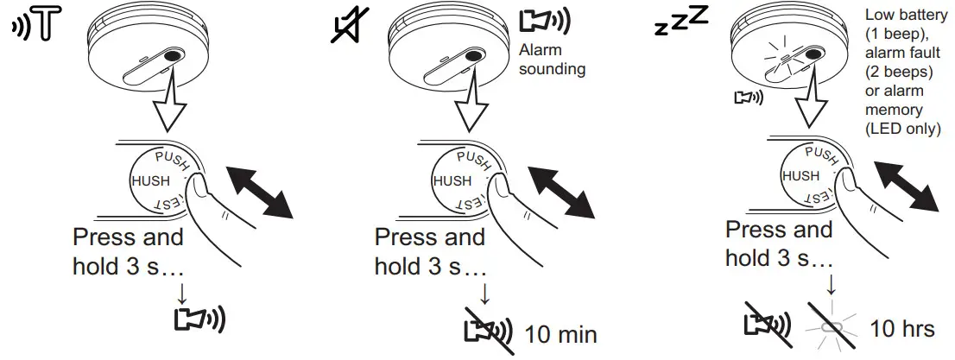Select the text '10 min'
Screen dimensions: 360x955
pos(561,333)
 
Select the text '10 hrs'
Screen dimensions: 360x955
pos(901,329)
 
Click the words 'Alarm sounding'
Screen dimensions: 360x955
pos(553,60)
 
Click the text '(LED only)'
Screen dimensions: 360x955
pos(904,129)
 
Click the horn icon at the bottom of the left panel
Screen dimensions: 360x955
pos(199,319)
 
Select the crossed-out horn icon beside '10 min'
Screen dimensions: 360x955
pos(489,331)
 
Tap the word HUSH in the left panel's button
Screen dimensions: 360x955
pos(152,181)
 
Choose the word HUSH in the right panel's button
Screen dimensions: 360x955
pos(800,175)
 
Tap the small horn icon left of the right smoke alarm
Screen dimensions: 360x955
pos(748,98)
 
